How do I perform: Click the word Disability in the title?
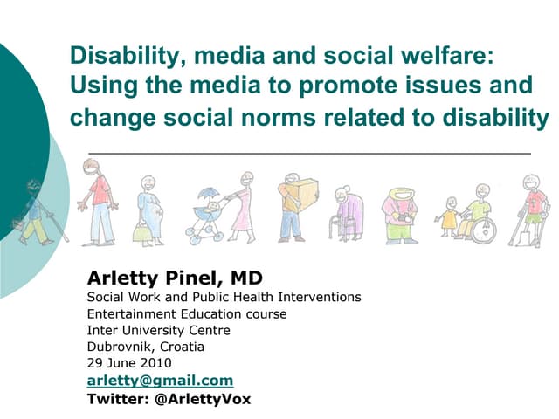(120, 58)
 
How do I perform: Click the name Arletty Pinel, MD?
(175, 278)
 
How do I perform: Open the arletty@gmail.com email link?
(160, 381)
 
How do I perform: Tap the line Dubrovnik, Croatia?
(146, 347)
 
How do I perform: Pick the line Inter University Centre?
(159, 330)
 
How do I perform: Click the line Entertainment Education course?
(187, 313)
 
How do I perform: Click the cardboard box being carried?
(300, 191)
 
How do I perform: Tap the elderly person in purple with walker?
(348, 214)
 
